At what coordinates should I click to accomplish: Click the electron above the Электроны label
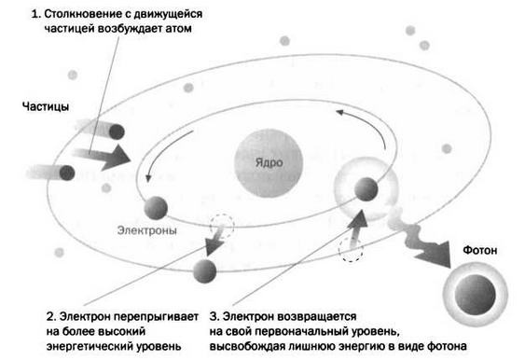(x=154, y=205)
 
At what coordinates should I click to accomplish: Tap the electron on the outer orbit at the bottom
(x=204, y=270)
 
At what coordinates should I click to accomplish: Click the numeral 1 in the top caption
(x=34, y=16)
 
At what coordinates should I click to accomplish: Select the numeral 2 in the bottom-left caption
(x=49, y=315)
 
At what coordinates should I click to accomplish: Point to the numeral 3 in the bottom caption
(x=214, y=315)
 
